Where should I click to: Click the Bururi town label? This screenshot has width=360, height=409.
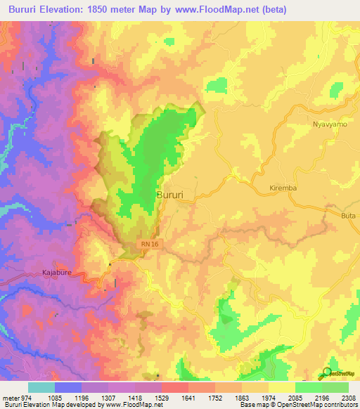pos(172,194)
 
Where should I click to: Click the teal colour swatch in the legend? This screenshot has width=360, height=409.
pos(41,387)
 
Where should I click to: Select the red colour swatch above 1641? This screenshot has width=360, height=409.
pos(175,387)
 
